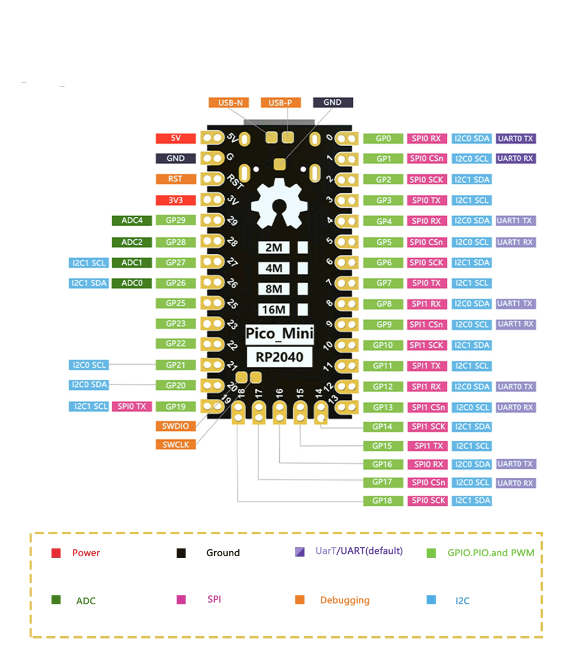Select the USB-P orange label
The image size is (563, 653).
click(x=280, y=102)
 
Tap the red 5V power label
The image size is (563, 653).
click(x=176, y=138)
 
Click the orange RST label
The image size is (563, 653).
click(x=176, y=179)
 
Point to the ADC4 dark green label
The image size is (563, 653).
click(x=132, y=221)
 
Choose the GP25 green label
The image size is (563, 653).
click(x=176, y=303)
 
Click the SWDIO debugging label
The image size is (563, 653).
click(x=176, y=426)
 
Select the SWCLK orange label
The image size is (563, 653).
click(x=176, y=445)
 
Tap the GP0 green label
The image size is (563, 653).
click(x=384, y=138)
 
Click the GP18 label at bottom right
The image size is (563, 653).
click(x=384, y=501)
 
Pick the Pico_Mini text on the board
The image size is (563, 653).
click(x=280, y=334)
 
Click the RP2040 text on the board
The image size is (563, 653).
click(x=279, y=357)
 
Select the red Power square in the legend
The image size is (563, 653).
click(x=56, y=553)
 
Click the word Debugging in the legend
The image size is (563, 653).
click(x=344, y=600)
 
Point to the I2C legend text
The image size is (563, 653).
click(x=462, y=601)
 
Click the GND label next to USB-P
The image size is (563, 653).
click(x=333, y=102)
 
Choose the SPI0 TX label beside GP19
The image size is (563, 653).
click(x=132, y=406)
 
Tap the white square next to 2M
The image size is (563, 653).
click(x=303, y=248)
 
